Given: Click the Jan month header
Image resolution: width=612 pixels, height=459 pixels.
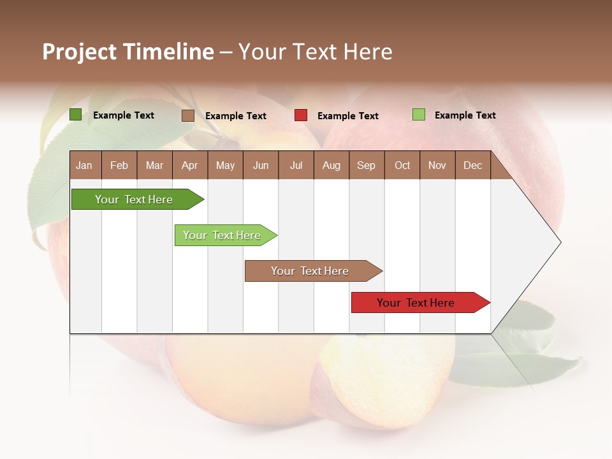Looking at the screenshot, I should tap(84, 165).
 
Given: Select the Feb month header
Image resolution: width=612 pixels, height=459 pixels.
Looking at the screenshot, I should tap(119, 165).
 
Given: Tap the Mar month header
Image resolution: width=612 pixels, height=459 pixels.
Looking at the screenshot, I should tap(154, 165).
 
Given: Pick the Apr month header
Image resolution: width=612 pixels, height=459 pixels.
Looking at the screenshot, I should tap(189, 165).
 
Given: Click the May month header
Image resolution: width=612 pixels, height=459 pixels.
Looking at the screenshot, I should tap(225, 165).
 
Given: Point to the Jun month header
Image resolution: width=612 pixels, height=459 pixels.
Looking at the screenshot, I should tap(261, 165).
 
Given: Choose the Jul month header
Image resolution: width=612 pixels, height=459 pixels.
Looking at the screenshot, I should tap(296, 165).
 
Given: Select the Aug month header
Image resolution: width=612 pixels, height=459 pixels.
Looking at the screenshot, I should tap(331, 165).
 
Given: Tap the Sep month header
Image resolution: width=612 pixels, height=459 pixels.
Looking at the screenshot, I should tap(366, 165).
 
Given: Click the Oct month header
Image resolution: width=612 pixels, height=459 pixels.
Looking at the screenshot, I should tap(402, 165).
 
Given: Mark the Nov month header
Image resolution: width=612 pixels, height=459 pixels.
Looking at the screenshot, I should tap(437, 165).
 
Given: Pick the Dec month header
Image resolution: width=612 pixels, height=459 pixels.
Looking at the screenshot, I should tap(472, 165).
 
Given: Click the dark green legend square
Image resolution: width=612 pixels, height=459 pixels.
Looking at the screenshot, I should tap(75, 115).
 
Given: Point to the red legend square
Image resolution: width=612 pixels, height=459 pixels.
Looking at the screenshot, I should tap(301, 115).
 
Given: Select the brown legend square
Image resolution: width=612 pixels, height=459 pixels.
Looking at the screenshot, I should tap(187, 115).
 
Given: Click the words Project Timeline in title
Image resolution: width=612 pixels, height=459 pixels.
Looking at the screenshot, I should tap(128, 52).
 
